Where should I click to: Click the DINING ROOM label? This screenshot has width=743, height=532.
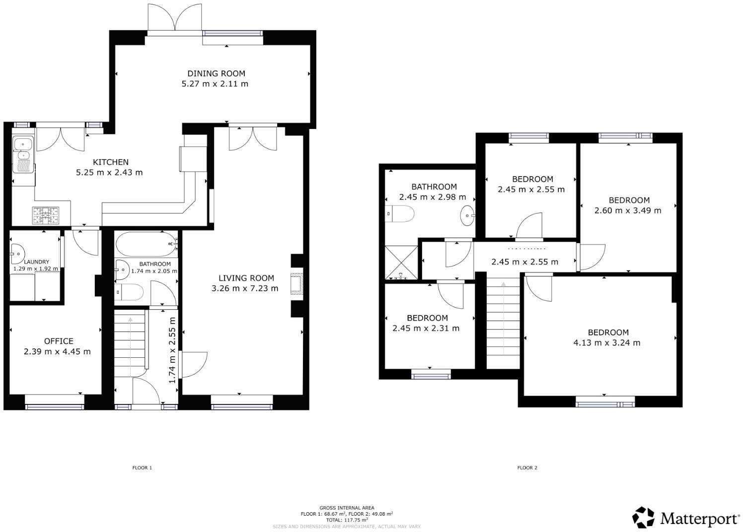tap(216, 73)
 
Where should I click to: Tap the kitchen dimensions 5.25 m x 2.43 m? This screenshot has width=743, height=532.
tap(109, 173)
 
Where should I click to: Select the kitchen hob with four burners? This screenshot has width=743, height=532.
tap(46, 215)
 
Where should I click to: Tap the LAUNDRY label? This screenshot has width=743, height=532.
tap(36, 262)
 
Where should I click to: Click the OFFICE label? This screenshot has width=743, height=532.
tap(59, 341)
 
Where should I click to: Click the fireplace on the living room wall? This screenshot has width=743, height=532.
tap(297, 285)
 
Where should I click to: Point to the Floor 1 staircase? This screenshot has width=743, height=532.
tap(131, 342)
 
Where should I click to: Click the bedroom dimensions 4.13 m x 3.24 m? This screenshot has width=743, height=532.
tap(606, 343)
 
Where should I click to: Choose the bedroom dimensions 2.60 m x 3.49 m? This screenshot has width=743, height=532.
tap(628, 210)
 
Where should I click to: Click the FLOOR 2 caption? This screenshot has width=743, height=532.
tap(527, 467)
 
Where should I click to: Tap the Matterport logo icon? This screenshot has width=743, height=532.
tap(643, 517)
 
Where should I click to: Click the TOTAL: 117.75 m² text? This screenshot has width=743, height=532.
tap(347, 520)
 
